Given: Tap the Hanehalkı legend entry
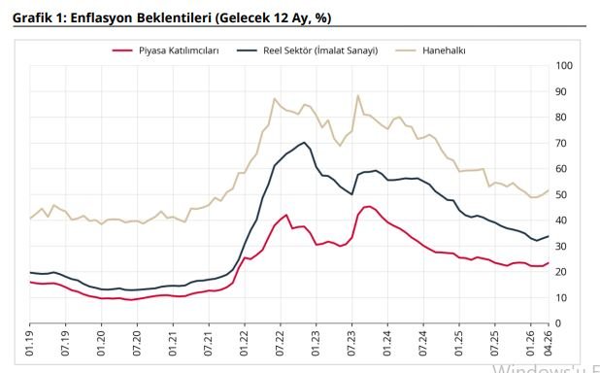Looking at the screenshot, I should click(x=445, y=49).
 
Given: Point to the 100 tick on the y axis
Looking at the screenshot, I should click(x=564, y=66).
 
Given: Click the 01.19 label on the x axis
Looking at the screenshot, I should click(x=31, y=345).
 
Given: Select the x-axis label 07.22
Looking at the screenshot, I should click(x=280, y=345).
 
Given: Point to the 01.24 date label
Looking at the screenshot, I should click(x=386, y=345).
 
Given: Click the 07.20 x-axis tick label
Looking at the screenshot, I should click(x=137, y=345).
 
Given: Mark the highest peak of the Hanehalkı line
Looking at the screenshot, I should click(x=358, y=95).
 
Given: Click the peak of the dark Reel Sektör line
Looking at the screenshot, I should click(x=305, y=143).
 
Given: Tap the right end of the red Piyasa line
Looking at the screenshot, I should click(x=550, y=263).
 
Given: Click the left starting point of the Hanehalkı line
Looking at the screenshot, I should click(x=30, y=219).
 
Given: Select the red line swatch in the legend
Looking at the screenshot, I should click(x=122, y=49).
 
